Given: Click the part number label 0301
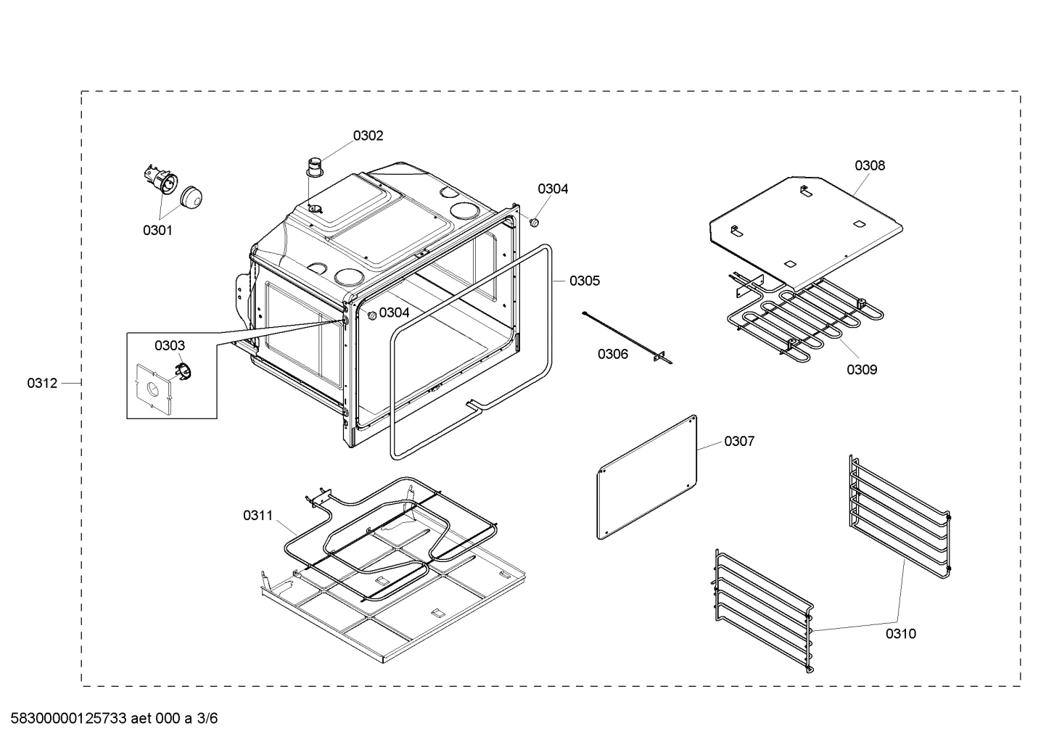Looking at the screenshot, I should [x=157, y=231].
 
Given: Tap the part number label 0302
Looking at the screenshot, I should [x=368, y=136].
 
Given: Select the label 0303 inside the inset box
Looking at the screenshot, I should [x=169, y=346].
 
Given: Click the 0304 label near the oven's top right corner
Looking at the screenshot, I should [x=553, y=189].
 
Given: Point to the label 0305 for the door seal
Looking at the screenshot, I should [x=584, y=281].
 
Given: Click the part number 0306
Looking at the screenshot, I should [x=613, y=354].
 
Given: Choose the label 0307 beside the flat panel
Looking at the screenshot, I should [x=738, y=441].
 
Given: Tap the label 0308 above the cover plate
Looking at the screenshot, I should [x=869, y=165].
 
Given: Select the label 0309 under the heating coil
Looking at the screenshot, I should [x=861, y=369].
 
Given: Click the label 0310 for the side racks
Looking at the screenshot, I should [x=900, y=634].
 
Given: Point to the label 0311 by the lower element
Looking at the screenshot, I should [x=258, y=516].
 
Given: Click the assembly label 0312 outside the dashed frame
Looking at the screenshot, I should [x=42, y=383].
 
